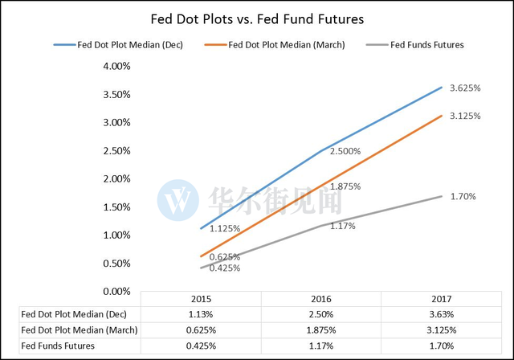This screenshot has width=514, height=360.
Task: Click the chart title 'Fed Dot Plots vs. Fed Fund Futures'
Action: pos(257,19)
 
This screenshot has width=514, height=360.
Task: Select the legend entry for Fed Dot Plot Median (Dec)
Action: pos(118,45)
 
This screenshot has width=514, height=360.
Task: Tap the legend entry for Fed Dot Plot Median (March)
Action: pos(275,45)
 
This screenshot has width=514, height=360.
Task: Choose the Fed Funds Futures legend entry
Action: pos(414,45)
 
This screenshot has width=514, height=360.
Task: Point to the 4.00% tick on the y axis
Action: pos(116,66)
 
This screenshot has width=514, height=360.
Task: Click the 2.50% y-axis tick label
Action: pos(116,151)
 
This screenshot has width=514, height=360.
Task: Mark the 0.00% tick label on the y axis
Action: pos(116,292)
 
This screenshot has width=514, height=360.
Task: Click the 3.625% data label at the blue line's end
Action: pos(465,88)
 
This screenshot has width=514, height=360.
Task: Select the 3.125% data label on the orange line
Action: pos(465,116)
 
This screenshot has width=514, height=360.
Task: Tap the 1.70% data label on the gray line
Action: pos(463,196)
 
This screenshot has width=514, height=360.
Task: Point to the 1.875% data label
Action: pos(345,186)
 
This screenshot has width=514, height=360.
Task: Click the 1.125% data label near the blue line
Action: pos(225,228)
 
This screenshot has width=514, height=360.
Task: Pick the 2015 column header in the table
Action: pos(202,299)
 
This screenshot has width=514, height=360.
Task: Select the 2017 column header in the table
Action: pos(441,299)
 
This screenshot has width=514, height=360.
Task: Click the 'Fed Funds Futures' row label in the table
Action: pos(58,346)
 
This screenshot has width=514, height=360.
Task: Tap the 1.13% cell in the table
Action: pos(201,314)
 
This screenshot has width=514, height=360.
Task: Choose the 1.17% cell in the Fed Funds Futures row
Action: pos(321,346)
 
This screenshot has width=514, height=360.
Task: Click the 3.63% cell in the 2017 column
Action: pos(442,314)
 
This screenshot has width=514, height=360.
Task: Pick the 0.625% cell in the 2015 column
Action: pos(201,330)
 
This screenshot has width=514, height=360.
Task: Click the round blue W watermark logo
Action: pos(178,200)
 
